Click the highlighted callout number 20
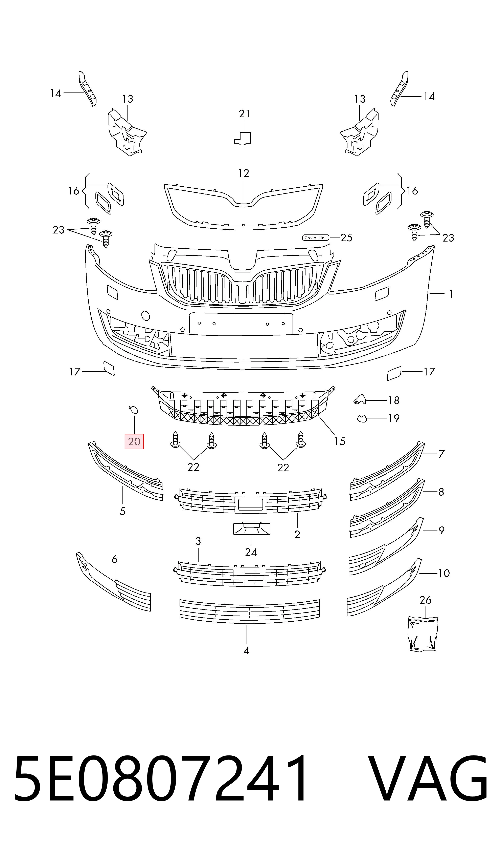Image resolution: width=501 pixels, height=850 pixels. click(134, 441)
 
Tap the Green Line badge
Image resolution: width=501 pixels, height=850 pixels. click(315, 238)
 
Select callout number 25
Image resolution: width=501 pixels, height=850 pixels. click(346, 238)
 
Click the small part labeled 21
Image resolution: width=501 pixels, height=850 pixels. click(243, 138)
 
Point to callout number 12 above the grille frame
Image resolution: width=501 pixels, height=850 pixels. click(243, 173)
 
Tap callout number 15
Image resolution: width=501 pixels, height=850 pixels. click(340, 441)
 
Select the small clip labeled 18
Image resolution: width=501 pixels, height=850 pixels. click(360, 399)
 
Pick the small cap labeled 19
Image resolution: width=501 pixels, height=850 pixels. click(362, 419)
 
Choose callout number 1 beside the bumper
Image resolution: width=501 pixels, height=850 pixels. click(451, 294)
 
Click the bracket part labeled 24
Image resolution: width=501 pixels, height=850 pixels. click(252, 529)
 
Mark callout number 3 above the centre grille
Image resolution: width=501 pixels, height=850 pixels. click(198, 541)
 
